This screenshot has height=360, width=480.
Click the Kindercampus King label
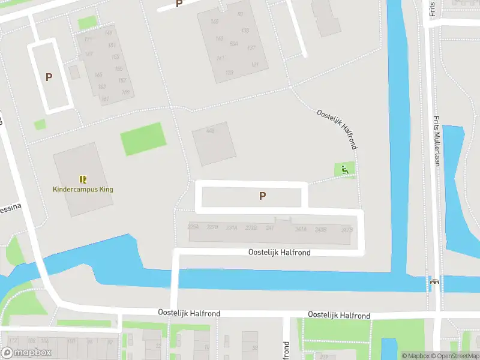[83, 190]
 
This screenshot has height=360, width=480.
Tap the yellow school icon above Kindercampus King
[83, 179]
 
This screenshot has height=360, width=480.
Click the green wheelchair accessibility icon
[344, 170]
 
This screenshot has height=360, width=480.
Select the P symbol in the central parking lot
[262, 196]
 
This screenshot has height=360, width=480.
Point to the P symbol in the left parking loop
[49, 77]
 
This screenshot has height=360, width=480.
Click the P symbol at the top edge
[178, 4]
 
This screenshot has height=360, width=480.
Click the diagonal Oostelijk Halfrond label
[337, 129]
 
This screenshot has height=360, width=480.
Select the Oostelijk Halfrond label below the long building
[280, 253]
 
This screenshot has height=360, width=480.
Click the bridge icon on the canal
[434, 281]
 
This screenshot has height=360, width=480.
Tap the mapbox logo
[26, 353]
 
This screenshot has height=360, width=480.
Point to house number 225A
[193, 227]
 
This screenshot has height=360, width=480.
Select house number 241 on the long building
[270, 228]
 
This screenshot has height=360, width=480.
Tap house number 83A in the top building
[234, 44]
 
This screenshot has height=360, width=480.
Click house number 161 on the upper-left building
[105, 99]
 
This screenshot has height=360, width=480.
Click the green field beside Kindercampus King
[143, 139]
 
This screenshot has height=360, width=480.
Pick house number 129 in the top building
[229, 73]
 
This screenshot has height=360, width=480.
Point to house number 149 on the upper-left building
[109, 33]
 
